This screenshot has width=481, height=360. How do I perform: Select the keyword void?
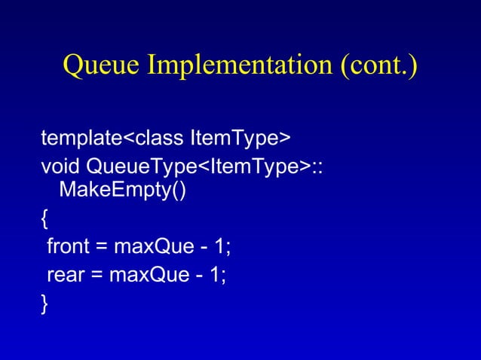(60, 165)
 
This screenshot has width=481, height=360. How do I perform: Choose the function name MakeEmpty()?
(122, 189)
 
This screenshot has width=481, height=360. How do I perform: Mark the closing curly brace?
(45, 304)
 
